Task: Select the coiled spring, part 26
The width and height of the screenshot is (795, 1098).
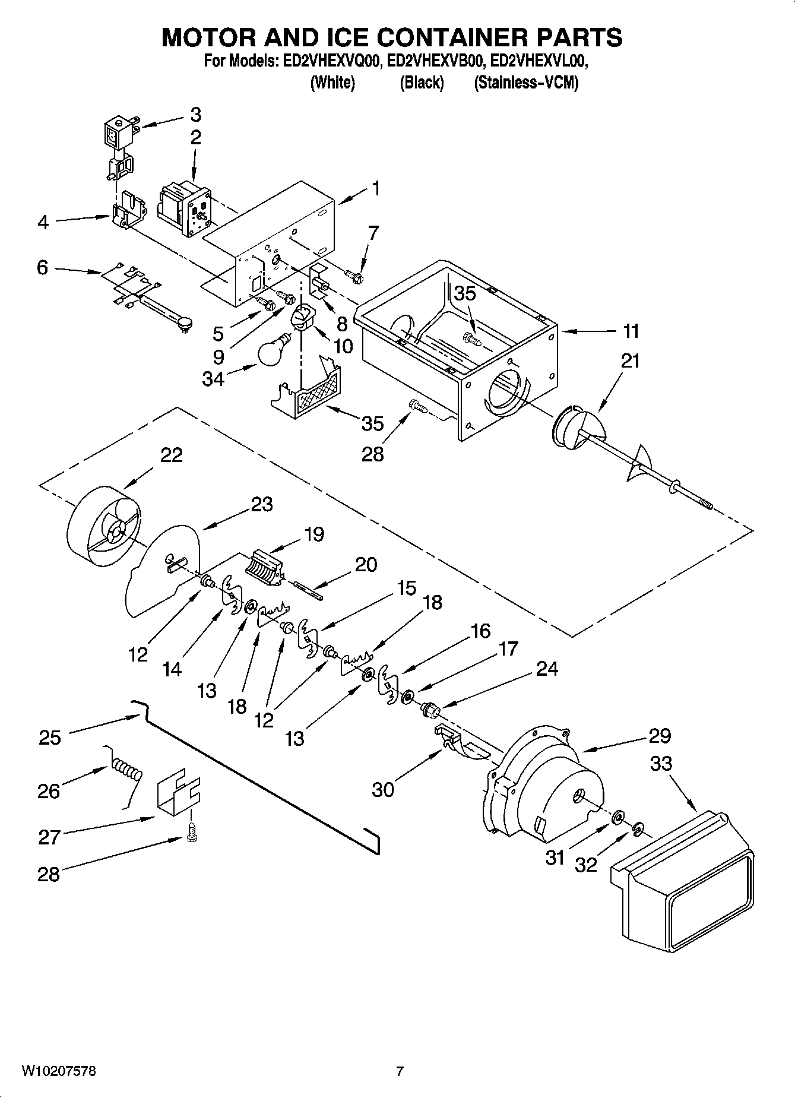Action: click(x=127, y=769)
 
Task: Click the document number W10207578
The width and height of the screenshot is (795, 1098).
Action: click(x=59, y=1071)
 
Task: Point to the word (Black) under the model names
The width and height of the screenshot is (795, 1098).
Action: click(x=421, y=83)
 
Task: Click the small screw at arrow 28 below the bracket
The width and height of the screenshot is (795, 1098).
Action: click(x=191, y=831)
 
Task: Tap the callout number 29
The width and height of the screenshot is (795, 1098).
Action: click(x=659, y=735)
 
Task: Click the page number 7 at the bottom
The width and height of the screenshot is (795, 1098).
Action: click(x=400, y=1071)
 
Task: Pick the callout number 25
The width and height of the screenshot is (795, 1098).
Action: click(x=50, y=737)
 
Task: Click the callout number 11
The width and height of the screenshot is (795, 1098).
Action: click(x=631, y=331)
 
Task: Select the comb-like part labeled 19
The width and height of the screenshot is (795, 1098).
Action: click(x=264, y=568)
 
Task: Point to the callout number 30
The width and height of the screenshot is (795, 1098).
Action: click(x=383, y=789)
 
